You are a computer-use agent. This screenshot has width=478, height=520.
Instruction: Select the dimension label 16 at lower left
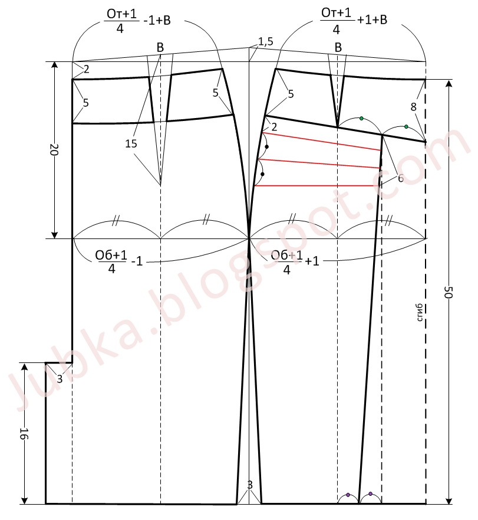click(x=24, y=433)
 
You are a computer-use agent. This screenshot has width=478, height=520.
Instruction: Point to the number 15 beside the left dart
click(x=131, y=143)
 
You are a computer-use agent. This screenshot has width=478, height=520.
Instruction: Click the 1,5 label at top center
click(x=266, y=41)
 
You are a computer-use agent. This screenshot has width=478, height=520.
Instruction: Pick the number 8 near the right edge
click(x=413, y=107)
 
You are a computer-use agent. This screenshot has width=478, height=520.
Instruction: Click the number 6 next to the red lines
click(x=400, y=178)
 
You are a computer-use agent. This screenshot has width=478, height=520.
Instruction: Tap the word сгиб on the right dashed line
click(x=420, y=312)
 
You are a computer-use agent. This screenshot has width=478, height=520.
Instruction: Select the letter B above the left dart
click(x=160, y=47)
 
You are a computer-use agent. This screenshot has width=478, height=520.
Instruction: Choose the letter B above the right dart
click(x=338, y=47)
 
